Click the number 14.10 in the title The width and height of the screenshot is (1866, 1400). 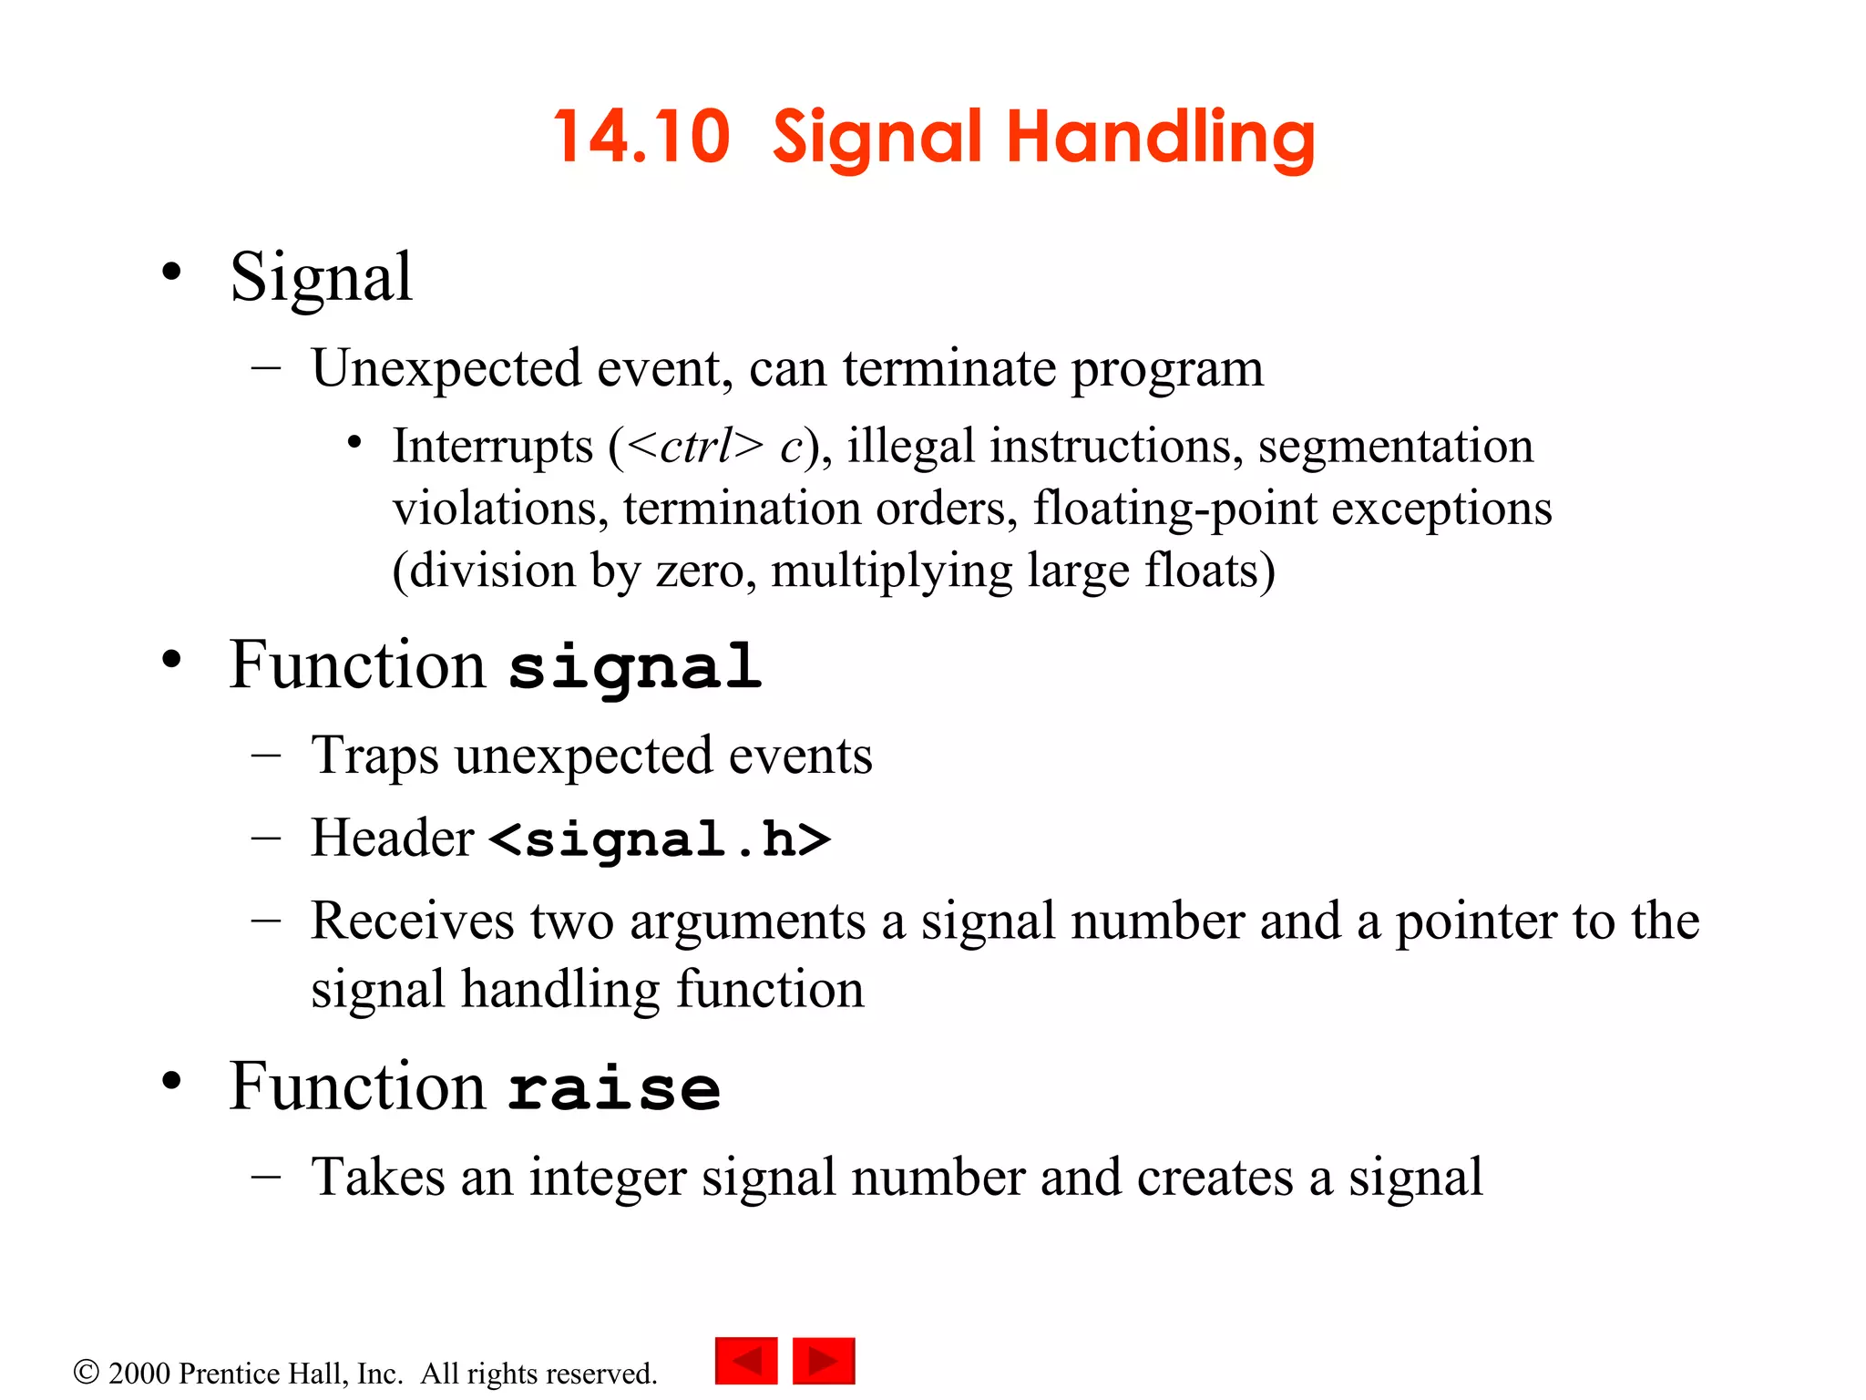coord(641,137)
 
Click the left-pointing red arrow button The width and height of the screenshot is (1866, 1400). coord(746,1361)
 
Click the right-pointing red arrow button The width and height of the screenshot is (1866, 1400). coord(824,1361)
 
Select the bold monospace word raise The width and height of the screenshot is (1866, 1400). coord(614,1088)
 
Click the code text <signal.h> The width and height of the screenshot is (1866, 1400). coord(660,839)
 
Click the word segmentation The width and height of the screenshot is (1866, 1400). coord(1395,447)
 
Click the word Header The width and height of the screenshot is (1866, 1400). coord(392,838)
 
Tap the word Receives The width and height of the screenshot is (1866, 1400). coord(412,921)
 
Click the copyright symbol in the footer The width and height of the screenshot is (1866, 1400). coord(86,1372)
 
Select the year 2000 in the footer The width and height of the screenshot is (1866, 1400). coord(138,1373)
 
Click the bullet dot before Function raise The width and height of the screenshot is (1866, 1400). coord(171,1081)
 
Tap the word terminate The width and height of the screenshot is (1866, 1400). coord(948,368)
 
